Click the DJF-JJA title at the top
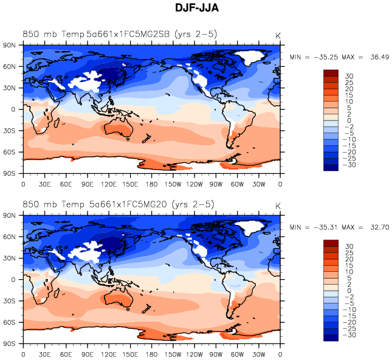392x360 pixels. click(x=196, y=8)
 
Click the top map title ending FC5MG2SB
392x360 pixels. click(x=120, y=33)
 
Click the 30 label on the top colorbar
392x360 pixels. click(x=349, y=75)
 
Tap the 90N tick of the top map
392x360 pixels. click(x=10, y=45)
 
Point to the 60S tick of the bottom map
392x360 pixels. click(x=10, y=322)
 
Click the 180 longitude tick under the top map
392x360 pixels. click(x=151, y=183)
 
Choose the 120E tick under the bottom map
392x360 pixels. click(x=109, y=353)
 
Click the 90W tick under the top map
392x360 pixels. click(x=216, y=183)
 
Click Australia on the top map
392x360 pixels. click(x=115, y=128)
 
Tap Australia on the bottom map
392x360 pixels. click(x=115, y=299)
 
